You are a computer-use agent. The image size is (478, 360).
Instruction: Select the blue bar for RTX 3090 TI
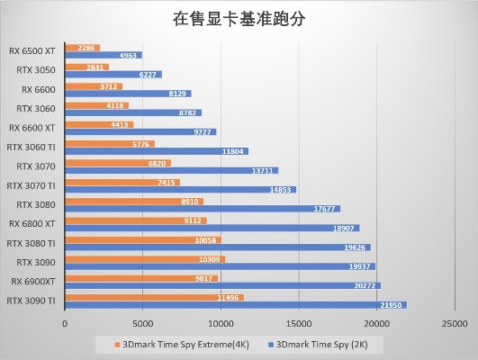pyautogui.click(x=236, y=305)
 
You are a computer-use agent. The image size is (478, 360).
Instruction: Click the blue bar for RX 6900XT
pyautogui.click(x=222, y=286)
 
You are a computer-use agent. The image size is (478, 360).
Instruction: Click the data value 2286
pyautogui.click(x=87, y=48)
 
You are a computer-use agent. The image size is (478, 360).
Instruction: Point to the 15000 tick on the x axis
pyautogui.click(x=300, y=323)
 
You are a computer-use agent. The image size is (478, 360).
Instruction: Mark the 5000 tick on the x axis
pyautogui.click(x=143, y=323)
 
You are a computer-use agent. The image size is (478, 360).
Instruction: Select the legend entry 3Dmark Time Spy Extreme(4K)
pyautogui.click(x=181, y=344)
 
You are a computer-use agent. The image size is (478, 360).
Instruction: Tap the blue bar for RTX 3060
pyautogui.click(x=133, y=112)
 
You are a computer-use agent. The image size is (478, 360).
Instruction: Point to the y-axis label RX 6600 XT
pyautogui.click(x=32, y=128)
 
